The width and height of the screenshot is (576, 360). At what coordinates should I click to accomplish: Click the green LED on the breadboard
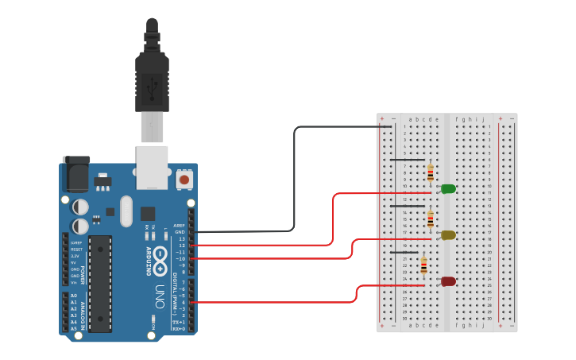(448, 189)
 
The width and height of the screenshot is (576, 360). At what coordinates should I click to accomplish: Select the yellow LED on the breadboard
(448, 235)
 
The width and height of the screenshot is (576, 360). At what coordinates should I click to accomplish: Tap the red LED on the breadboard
(448, 281)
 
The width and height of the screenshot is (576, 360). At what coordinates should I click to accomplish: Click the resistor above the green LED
(431, 172)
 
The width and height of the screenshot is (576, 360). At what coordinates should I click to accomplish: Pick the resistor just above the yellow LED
(431, 219)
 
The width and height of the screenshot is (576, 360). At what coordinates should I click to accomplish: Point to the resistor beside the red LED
(423, 265)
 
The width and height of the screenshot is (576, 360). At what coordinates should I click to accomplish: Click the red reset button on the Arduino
(184, 180)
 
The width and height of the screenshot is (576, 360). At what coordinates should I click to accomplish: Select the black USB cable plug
(152, 79)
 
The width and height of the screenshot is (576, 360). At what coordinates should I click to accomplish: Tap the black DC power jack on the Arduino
(76, 174)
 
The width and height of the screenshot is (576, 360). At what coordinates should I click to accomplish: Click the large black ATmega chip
(100, 283)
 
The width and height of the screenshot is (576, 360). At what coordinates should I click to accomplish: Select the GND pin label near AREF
(180, 232)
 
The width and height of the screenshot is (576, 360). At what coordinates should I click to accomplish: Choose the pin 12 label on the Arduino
(181, 246)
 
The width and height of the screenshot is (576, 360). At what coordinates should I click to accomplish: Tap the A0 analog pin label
(74, 296)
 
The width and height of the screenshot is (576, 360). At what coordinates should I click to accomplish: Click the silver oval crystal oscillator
(126, 211)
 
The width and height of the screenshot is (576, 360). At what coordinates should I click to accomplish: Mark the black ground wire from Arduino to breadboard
(295, 183)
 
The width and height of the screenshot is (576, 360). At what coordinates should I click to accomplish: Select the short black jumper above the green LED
(406, 160)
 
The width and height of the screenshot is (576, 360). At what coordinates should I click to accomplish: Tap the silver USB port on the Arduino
(152, 167)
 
